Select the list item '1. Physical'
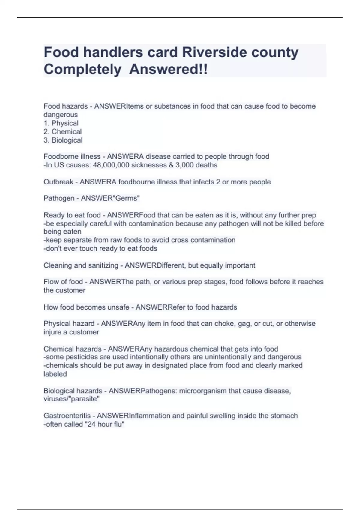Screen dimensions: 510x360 61,123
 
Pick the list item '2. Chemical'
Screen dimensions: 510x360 63,131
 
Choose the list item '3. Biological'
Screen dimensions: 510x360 63,140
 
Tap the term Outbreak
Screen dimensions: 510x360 58,182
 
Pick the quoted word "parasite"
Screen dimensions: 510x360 80,399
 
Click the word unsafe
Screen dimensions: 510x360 119,307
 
